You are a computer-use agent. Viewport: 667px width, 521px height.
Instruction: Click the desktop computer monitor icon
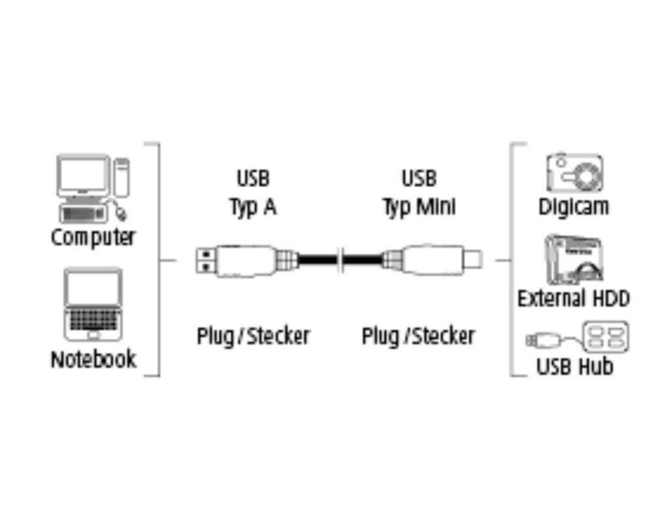[83, 176]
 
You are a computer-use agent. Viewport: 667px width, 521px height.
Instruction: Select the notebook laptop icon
[93, 303]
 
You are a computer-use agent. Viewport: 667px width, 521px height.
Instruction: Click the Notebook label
[93, 359]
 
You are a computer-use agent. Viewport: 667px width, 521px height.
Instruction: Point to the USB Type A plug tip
[206, 260]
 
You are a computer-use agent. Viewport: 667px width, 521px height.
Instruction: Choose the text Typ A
[253, 206]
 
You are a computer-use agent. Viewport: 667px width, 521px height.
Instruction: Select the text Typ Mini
[418, 206]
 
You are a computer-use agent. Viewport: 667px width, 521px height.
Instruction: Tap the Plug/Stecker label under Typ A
[253, 336]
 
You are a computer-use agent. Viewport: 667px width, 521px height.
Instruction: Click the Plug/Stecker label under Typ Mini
[418, 336]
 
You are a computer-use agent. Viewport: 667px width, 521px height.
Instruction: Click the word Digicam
[573, 206]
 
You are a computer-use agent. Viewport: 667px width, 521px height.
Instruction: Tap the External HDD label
[573, 299]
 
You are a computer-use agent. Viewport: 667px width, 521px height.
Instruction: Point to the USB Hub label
[575, 366]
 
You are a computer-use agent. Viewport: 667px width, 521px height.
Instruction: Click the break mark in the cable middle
[340, 260]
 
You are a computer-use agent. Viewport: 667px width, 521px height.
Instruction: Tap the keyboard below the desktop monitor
[83, 212]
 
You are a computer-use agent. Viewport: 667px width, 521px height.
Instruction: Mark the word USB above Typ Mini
[418, 178]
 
